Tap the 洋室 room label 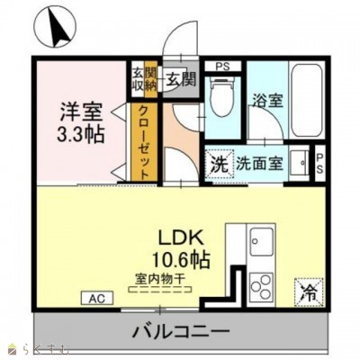click(81, 114)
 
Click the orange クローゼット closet click(144, 140)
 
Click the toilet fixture click(221, 94)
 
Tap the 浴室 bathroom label click(268, 101)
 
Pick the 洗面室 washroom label click(260, 164)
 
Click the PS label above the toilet click(222, 66)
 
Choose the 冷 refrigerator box click(308, 292)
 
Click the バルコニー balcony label click(181, 331)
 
